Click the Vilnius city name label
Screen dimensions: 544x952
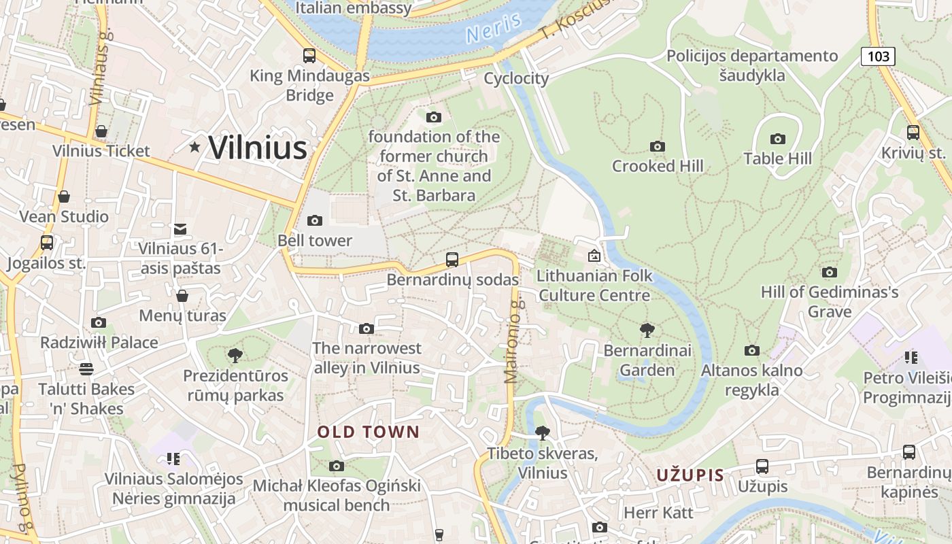(x=258, y=147)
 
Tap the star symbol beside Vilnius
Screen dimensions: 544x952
(x=195, y=146)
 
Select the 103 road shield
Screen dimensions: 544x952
(x=878, y=56)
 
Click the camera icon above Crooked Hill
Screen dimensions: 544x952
(x=657, y=146)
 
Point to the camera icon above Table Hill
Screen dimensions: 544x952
(x=778, y=139)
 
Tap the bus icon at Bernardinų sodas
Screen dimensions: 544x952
(x=452, y=259)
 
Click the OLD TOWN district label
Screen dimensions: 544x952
(x=369, y=432)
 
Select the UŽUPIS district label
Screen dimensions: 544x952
(x=690, y=475)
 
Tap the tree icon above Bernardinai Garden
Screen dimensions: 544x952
(x=647, y=330)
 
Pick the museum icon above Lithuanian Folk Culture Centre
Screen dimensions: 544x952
(x=594, y=256)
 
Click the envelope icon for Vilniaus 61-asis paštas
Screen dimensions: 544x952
(x=180, y=229)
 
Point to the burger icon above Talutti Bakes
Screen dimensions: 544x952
(x=86, y=369)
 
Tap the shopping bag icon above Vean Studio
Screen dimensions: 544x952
(x=64, y=197)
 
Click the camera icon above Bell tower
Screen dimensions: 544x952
(x=314, y=220)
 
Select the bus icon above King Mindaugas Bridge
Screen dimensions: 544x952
(x=309, y=55)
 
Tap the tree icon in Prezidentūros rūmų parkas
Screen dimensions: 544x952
(x=235, y=355)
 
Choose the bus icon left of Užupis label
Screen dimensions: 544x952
(x=762, y=466)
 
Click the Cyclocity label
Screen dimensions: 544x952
(x=516, y=78)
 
